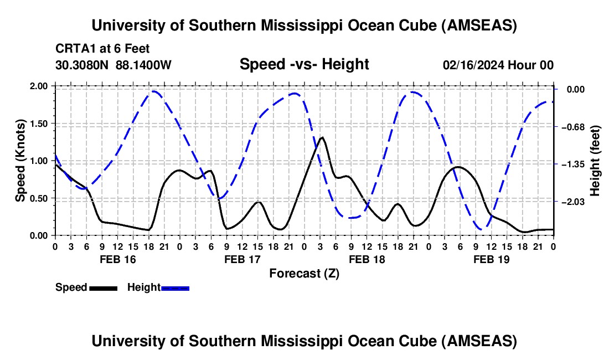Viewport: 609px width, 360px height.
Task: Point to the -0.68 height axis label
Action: pos(572,127)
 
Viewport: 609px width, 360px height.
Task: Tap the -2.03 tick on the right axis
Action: pos(572,202)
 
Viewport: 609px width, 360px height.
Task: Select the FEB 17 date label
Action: pos(241,259)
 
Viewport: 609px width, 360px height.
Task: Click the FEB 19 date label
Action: pos(491,259)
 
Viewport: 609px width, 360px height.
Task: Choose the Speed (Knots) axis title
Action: pos(20,161)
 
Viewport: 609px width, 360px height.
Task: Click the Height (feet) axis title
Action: pos(595,161)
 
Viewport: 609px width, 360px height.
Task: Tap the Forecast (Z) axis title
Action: pos(304,273)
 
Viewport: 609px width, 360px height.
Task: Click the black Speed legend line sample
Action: pos(103,287)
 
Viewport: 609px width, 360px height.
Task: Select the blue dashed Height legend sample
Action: pos(175,287)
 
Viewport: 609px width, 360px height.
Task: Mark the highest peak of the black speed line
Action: pos(322,137)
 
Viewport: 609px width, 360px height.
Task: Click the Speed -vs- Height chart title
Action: pos(304,64)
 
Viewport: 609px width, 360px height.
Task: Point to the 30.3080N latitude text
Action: pos(82,65)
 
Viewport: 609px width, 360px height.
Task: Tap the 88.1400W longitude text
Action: pos(143,65)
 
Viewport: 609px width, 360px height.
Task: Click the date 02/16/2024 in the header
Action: pos(475,65)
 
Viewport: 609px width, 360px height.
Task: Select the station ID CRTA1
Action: pos(73,49)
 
